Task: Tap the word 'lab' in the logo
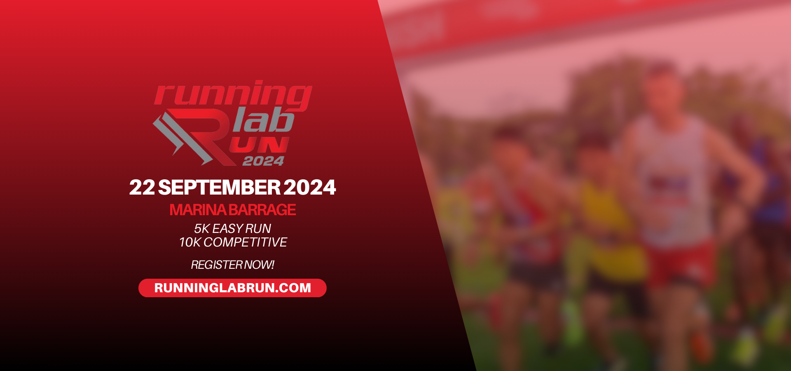pyautogui.click(x=264, y=120)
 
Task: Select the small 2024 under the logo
pyautogui.click(x=264, y=161)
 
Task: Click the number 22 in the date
pyautogui.click(x=142, y=188)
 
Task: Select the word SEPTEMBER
pyautogui.click(x=219, y=188)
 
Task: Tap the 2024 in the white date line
pyautogui.click(x=309, y=188)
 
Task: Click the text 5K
pyautogui.click(x=202, y=228)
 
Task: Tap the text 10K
pyautogui.click(x=190, y=242)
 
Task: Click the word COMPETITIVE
pyautogui.click(x=245, y=242)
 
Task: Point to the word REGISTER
pyautogui.click(x=217, y=265)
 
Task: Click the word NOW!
pyautogui.click(x=260, y=265)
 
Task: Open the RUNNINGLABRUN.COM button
pyautogui.click(x=232, y=288)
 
